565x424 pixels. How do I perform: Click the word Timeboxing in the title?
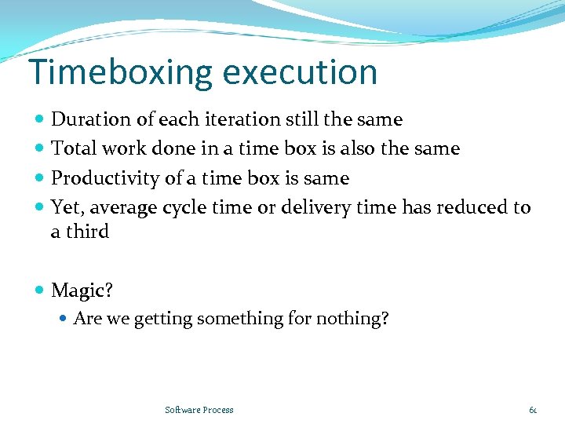[x=120, y=72]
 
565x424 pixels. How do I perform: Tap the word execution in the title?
[x=300, y=72]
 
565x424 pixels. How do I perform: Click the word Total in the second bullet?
[x=71, y=148]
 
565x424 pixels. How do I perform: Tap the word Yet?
[x=65, y=207]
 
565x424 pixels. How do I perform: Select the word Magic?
[x=82, y=291]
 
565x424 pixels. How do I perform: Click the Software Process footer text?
[x=199, y=410]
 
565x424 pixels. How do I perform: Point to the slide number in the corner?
[x=533, y=410]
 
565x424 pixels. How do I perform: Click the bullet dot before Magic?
[x=40, y=291]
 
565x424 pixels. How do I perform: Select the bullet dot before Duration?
[x=40, y=119]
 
